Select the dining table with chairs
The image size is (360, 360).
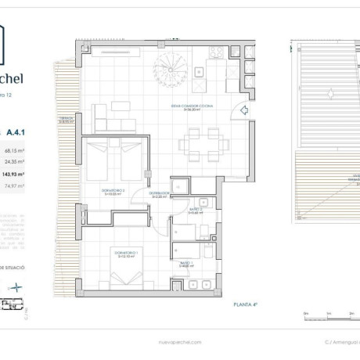tap(202, 142)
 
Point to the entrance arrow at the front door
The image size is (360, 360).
tap(244, 110)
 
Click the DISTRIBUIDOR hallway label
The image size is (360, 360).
tap(160, 195)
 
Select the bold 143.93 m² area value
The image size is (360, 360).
tap(13, 175)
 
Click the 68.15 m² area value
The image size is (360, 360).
tap(14, 149)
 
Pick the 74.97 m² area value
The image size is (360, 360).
tap(14, 186)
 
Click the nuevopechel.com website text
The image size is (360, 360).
tap(179, 342)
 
